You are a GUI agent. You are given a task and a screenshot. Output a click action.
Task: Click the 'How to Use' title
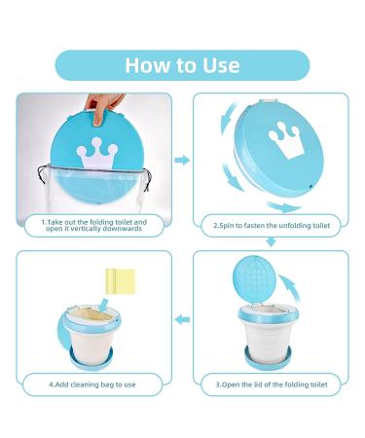point(182,65)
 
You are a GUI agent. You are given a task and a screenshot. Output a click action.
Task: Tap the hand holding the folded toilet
point(103,106)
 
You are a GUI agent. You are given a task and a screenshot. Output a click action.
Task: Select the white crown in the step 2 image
point(286,140)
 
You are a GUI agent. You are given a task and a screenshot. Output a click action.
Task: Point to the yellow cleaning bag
point(121,281)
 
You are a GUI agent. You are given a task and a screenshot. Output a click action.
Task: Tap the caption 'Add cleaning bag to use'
point(92,384)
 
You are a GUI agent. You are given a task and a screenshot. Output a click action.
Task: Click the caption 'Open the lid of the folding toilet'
point(272,384)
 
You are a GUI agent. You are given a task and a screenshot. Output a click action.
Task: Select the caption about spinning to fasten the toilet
point(272,226)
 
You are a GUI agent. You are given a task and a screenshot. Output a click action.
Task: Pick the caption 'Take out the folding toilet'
point(94,222)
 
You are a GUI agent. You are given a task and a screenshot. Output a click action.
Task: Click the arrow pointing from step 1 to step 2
point(182,160)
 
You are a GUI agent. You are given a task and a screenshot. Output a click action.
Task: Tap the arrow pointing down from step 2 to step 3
point(271,241)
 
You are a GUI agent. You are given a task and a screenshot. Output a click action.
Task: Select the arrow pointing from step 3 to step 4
point(182,320)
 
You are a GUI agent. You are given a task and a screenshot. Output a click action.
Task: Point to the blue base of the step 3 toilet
point(268,359)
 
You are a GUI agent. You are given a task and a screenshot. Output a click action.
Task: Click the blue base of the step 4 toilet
point(91,359)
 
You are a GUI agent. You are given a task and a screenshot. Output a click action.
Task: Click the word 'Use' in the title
point(221,65)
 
